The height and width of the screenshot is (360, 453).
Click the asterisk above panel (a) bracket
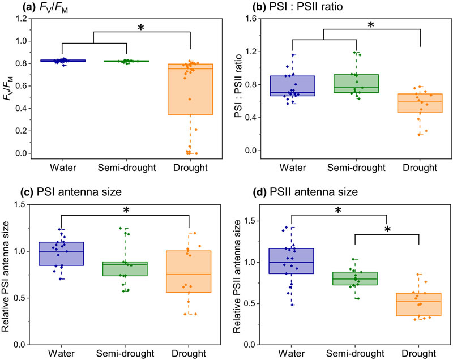click(141, 27)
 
